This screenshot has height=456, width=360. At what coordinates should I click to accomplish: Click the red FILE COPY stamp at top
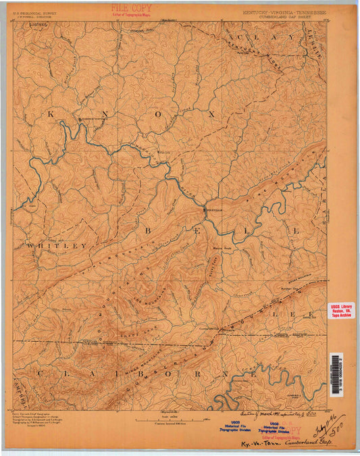coord(132,9)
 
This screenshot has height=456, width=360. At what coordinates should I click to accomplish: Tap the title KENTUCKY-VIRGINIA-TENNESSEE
coord(284,12)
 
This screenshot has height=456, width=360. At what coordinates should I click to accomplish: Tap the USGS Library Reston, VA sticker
coord(341,310)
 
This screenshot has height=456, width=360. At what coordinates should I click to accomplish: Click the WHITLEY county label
coord(57,246)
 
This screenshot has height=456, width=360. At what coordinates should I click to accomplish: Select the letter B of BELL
coord(147,230)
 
